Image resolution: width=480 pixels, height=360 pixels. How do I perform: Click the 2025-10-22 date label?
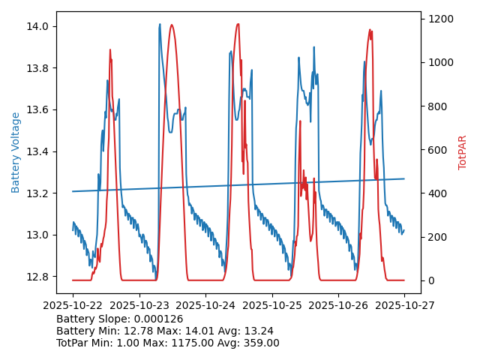point(73,306)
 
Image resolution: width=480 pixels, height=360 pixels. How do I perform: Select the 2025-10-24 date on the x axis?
point(205,306)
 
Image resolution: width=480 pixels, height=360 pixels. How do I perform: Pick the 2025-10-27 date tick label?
point(404,306)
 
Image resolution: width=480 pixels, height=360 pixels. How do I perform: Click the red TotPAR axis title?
point(462,152)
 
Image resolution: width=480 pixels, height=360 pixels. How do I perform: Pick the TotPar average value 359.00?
point(259,343)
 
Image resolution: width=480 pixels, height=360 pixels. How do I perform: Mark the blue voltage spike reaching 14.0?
point(160,25)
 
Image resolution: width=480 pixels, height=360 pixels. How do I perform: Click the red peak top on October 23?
point(172,25)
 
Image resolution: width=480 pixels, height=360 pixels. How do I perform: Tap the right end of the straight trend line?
point(404,178)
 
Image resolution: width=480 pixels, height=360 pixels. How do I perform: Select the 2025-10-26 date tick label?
point(338,306)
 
